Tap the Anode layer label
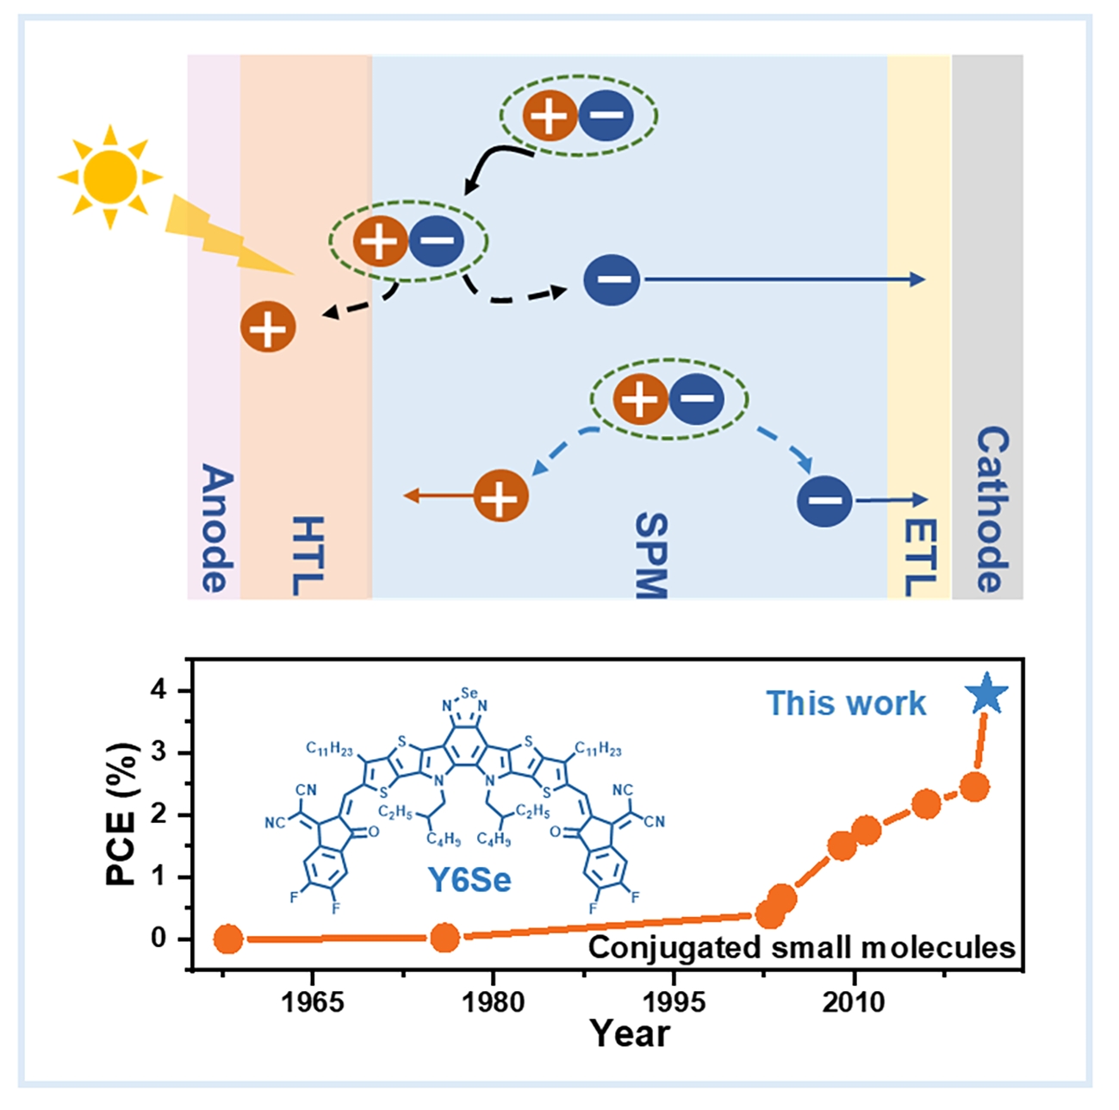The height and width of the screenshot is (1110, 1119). point(215,528)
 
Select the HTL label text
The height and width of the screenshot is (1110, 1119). point(306,556)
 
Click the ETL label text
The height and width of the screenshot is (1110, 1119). point(920,556)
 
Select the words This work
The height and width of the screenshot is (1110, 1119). point(846,703)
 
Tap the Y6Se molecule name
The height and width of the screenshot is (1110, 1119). point(469,878)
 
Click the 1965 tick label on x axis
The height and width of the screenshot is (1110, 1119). point(313,1002)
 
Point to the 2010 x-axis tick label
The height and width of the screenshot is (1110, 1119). point(854,1002)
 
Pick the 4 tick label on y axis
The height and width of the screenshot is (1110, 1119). point(159,691)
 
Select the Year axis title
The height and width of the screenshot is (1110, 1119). point(629,1032)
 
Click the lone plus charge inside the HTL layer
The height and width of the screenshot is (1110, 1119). point(268,327)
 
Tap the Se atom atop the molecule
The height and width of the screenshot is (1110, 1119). point(469,692)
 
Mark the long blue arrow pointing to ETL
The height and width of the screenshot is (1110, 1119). point(784,279)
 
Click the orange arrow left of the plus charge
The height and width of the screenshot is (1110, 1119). point(438,496)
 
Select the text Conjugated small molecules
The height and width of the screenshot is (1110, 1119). point(801,947)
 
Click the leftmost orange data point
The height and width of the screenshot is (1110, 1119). point(228,939)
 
